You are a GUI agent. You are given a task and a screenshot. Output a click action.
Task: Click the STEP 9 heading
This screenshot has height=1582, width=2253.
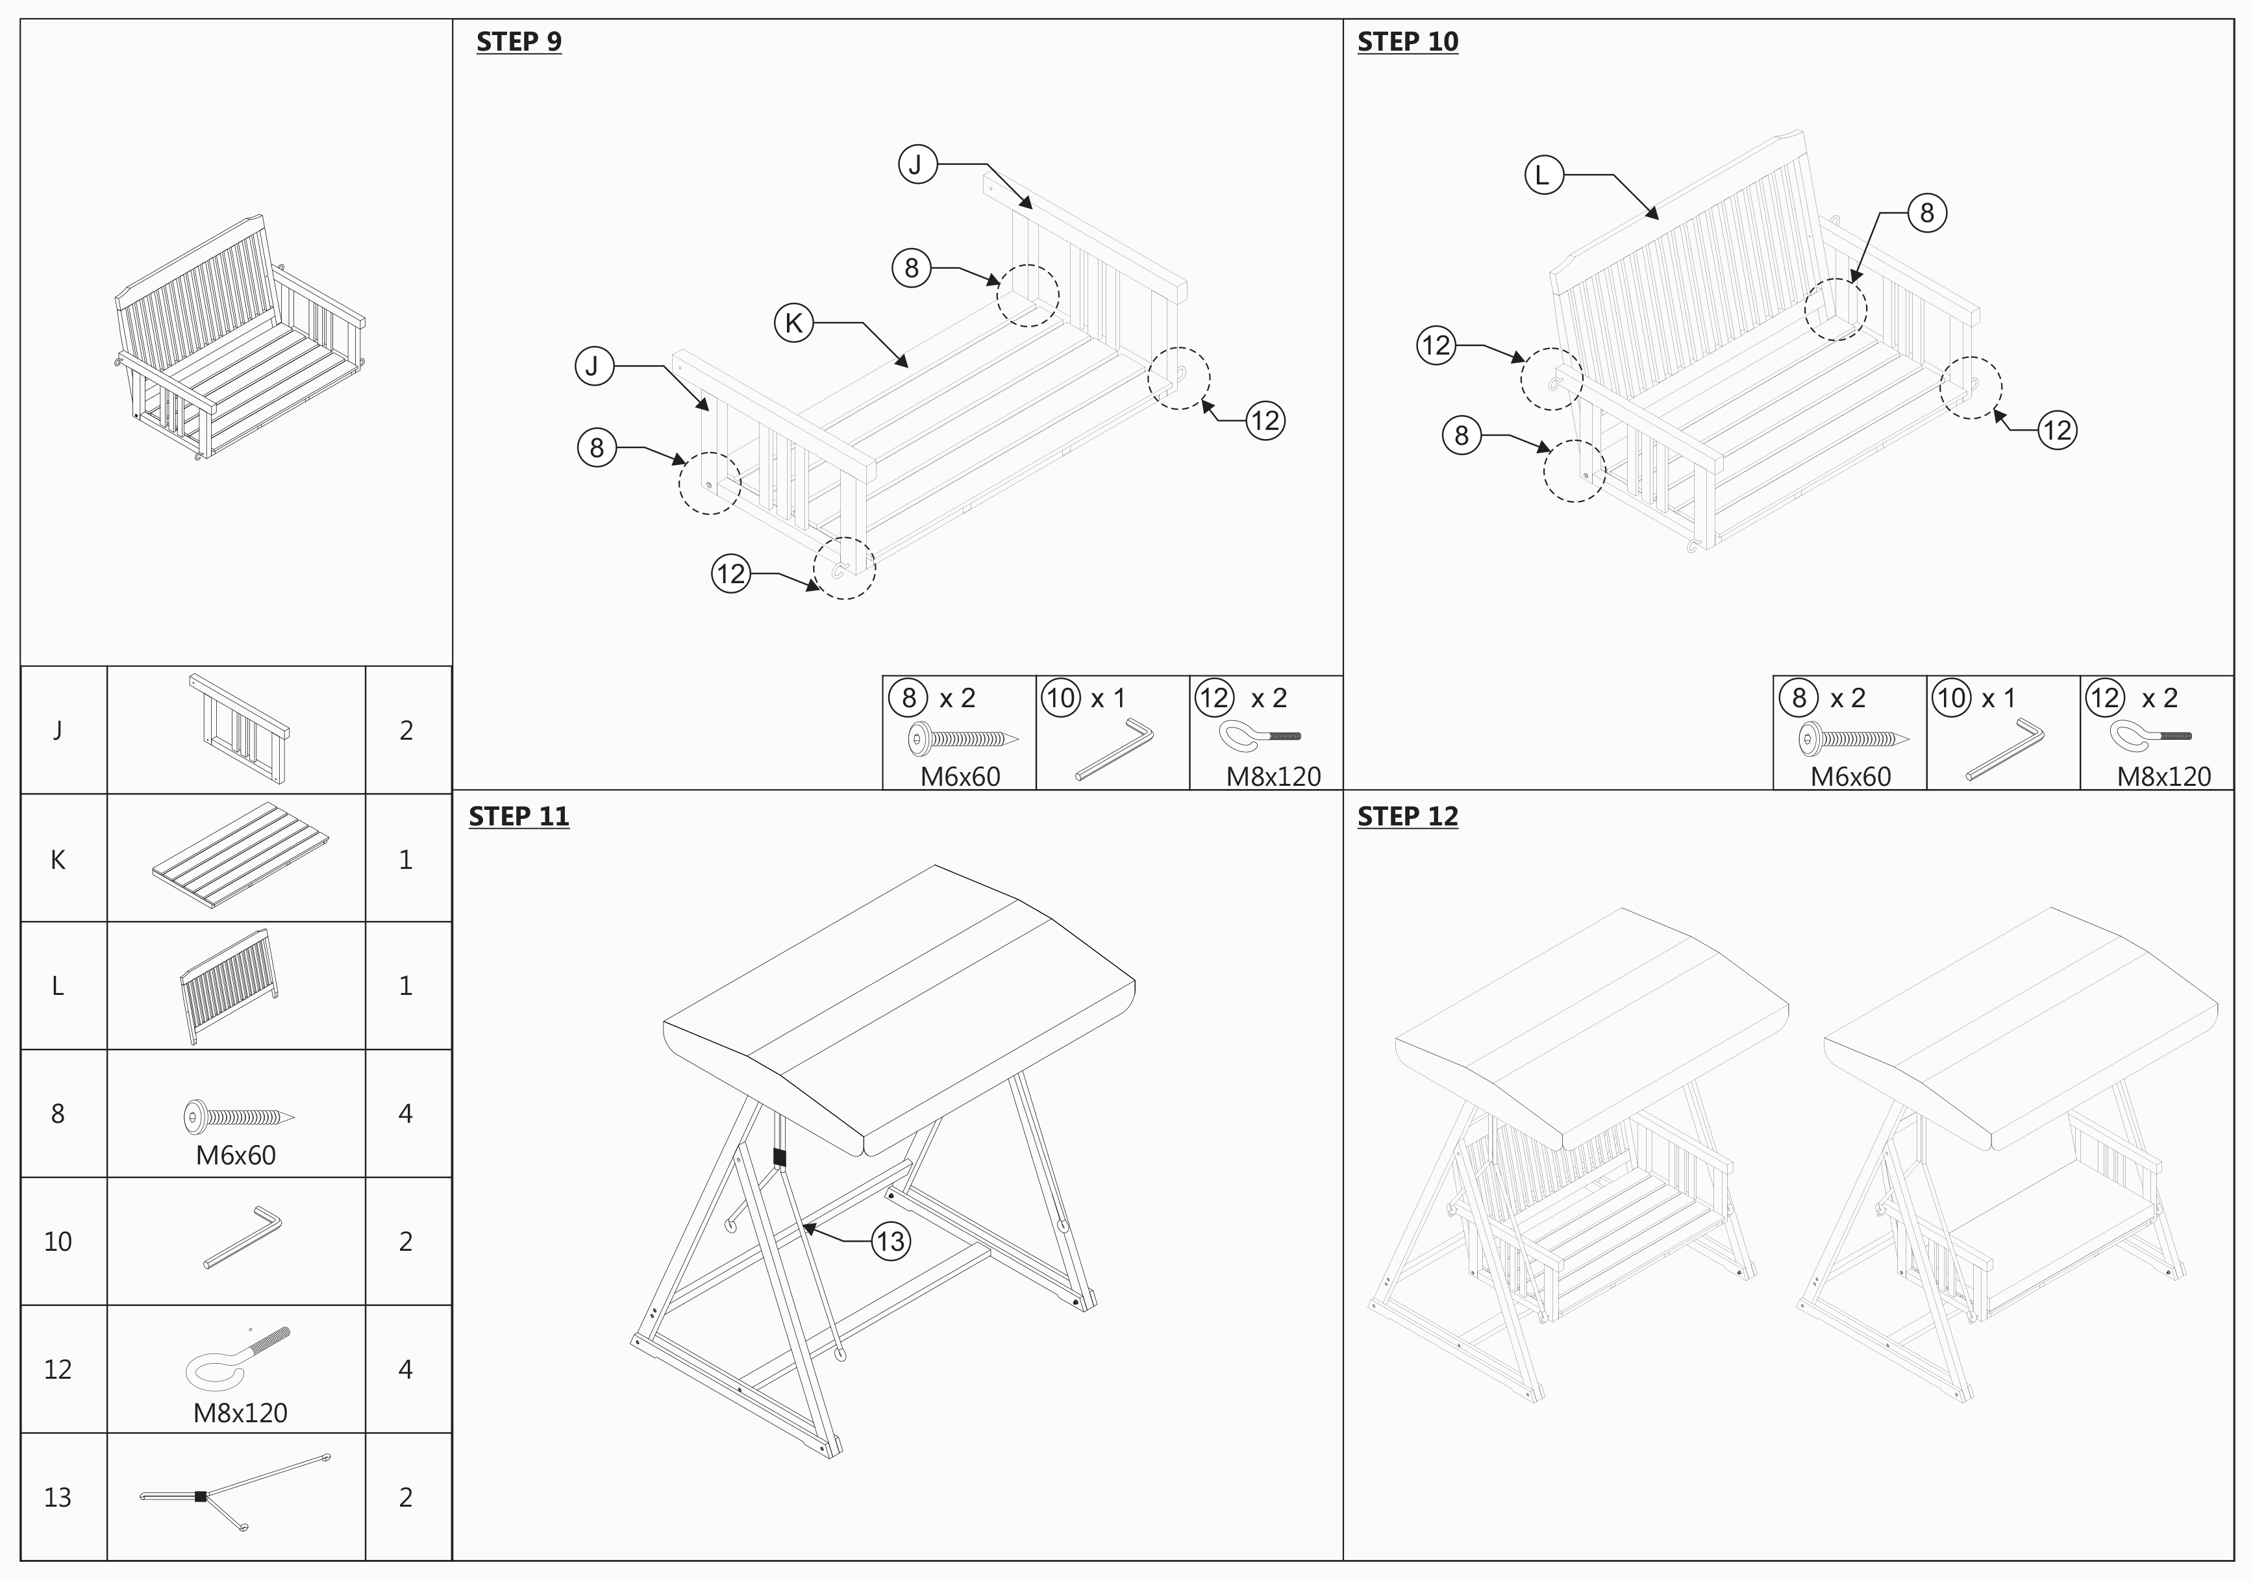click(518, 42)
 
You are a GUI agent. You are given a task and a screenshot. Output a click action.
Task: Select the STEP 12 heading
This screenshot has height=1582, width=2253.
click(1407, 816)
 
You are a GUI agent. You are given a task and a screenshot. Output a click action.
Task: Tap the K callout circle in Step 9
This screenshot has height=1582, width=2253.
click(794, 323)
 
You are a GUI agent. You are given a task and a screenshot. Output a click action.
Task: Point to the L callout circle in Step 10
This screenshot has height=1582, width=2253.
click(1543, 175)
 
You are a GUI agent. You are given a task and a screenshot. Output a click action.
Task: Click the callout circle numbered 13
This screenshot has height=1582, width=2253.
click(890, 1242)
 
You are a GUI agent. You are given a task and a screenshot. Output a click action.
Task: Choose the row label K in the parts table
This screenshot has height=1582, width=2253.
click(58, 860)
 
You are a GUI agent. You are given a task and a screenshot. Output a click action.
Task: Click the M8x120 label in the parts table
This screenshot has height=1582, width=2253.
click(240, 1413)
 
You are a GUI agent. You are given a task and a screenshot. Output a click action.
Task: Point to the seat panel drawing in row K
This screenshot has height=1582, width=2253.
click(240, 857)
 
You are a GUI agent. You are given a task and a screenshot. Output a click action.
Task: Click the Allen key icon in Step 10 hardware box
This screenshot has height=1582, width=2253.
click(2005, 749)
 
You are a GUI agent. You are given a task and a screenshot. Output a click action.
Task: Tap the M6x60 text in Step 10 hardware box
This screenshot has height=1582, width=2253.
click(1850, 776)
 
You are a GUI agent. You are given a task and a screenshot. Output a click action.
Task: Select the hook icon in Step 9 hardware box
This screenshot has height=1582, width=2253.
click(1258, 735)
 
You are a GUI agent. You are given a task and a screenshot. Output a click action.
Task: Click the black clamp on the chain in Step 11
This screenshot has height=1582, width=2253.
click(779, 1158)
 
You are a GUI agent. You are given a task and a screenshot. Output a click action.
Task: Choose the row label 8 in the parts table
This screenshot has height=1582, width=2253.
click(58, 1114)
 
